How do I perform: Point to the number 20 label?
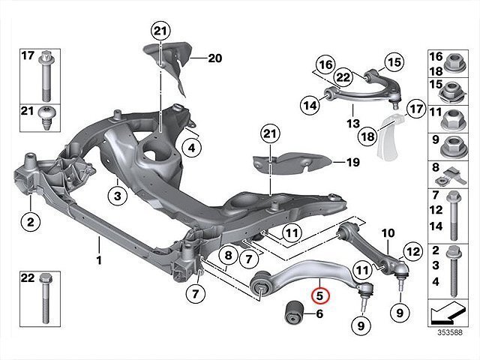pos(215,58)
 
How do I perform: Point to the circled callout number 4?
pos(191,148)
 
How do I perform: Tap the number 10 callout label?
pos(388,235)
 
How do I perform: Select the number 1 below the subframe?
pos(98,243)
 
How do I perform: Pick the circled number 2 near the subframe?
pos(30,221)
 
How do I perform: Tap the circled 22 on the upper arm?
pos(343,76)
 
